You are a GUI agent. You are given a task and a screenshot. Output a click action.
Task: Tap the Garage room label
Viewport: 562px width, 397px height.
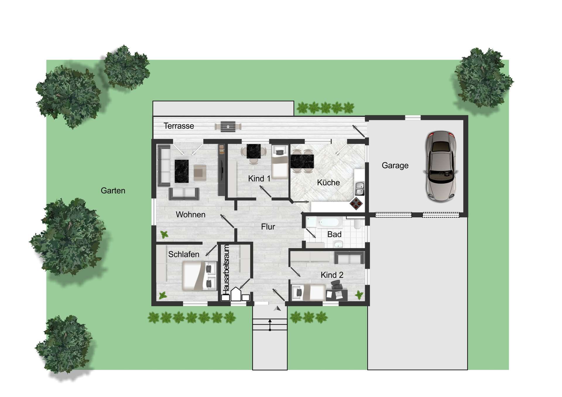(395, 166)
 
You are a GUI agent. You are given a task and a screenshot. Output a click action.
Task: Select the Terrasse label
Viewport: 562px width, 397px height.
(179, 126)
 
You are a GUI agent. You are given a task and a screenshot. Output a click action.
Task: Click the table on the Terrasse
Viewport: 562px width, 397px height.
(228, 126)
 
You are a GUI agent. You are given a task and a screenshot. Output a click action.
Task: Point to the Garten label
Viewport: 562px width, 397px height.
(113, 191)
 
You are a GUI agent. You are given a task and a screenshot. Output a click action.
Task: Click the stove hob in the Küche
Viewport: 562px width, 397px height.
(357, 203)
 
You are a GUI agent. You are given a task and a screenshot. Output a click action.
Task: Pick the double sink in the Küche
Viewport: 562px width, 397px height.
(359, 188)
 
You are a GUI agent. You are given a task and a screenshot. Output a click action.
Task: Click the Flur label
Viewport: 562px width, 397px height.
(268, 227)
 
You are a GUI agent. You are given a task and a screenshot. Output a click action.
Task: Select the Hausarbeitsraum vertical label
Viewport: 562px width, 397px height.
(226, 269)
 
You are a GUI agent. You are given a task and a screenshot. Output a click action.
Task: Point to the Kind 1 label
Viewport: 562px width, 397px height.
(259, 178)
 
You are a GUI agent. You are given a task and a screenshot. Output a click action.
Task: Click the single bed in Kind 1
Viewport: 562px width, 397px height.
(280, 162)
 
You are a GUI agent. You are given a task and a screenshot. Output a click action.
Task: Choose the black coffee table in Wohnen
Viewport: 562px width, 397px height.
(181, 171)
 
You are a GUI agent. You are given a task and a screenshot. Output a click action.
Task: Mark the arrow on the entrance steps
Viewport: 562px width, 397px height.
(270, 325)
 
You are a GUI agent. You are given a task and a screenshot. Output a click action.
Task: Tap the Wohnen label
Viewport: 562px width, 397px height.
(191, 215)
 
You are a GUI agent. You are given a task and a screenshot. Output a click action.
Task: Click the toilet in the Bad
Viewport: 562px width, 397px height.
(357, 224)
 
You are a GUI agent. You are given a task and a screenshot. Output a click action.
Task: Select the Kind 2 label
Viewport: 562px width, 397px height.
(332, 275)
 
